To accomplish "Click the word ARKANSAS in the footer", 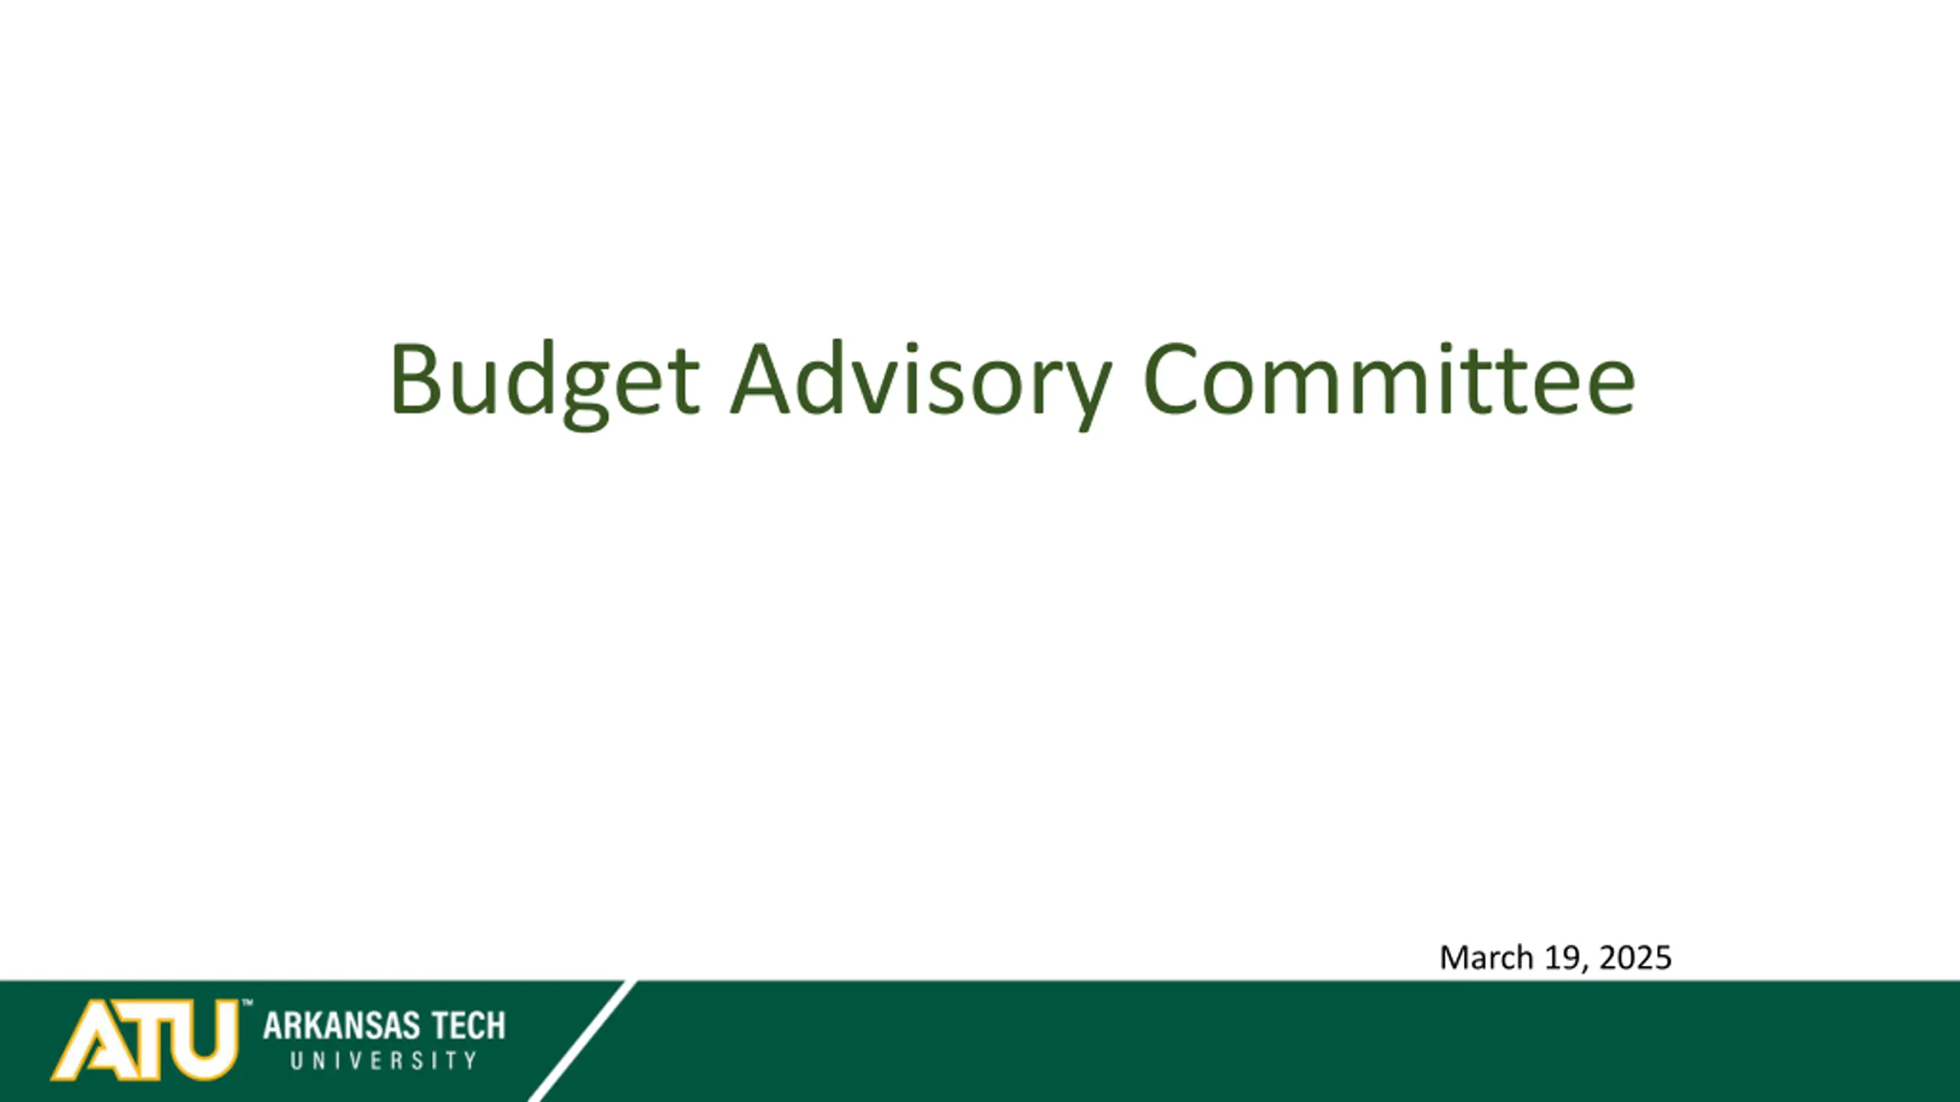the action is [341, 1025].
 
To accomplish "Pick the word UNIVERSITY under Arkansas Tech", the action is [384, 1061].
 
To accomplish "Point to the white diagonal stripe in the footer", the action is [582, 1041].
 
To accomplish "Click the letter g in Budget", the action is [586, 396].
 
